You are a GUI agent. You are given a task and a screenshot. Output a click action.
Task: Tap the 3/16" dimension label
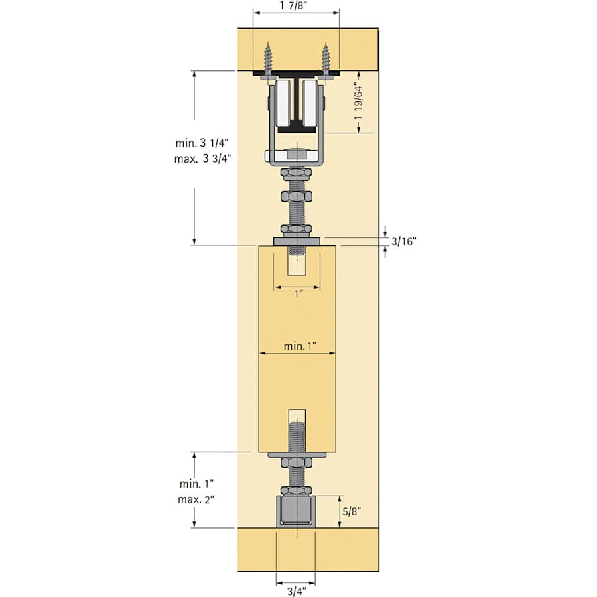(x=404, y=241)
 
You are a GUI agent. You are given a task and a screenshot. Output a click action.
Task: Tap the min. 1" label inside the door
(x=300, y=346)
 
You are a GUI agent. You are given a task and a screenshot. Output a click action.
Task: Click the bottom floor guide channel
(x=297, y=511)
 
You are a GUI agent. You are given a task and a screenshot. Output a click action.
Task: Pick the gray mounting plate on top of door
(x=297, y=241)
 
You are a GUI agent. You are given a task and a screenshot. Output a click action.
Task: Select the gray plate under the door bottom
(x=297, y=455)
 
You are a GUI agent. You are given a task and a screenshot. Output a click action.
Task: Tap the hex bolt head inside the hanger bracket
(x=297, y=156)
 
